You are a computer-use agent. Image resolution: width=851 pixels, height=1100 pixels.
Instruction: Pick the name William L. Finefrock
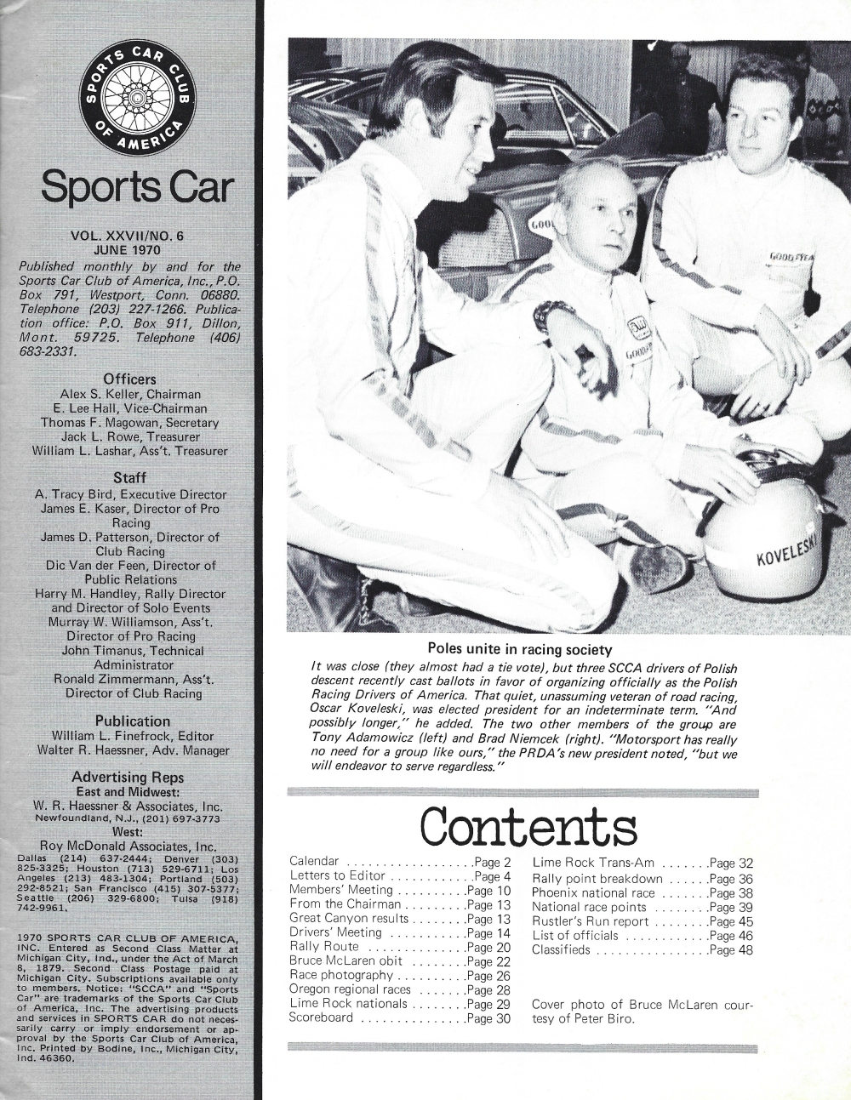(110, 736)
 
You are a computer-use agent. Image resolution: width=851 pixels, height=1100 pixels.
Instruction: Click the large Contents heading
(528, 826)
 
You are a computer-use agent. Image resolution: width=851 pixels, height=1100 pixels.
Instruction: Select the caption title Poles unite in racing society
(519, 651)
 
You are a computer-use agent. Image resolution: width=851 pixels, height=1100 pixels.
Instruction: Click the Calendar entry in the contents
(315, 862)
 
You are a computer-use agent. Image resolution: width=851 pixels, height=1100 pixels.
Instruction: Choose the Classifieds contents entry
(561, 949)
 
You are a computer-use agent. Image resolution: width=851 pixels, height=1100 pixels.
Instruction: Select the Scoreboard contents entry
(321, 1018)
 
